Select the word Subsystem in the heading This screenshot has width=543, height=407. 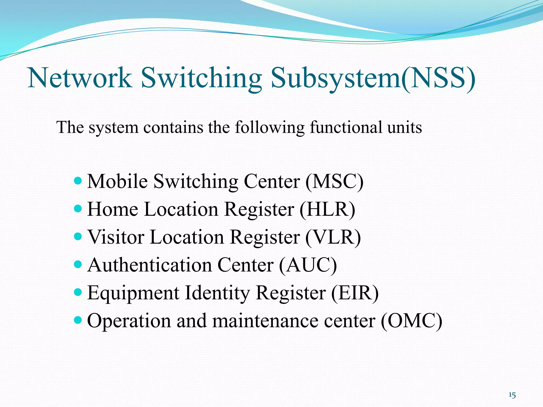[335, 78]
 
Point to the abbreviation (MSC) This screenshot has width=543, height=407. [334, 182]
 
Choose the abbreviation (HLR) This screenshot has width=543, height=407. [327, 210]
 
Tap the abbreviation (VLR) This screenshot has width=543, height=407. [333, 237]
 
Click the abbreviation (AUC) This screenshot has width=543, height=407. [308, 265]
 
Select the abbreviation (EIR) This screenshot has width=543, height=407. [355, 293]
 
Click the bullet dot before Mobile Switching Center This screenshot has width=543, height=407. [78, 181]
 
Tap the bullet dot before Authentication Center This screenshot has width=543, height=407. [78, 264]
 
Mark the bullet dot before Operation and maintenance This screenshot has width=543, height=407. [78, 320]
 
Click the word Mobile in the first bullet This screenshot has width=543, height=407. [117, 182]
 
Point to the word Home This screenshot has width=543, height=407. [113, 210]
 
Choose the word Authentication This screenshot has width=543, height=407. [150, 265]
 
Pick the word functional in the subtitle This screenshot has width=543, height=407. [346, 127]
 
